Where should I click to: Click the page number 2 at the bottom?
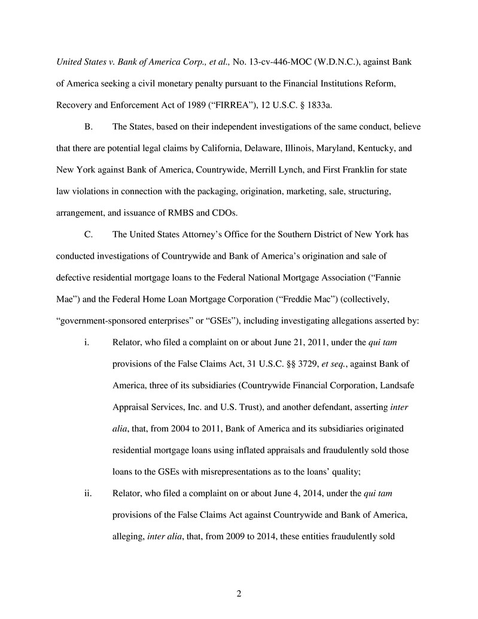click(239, 594)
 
